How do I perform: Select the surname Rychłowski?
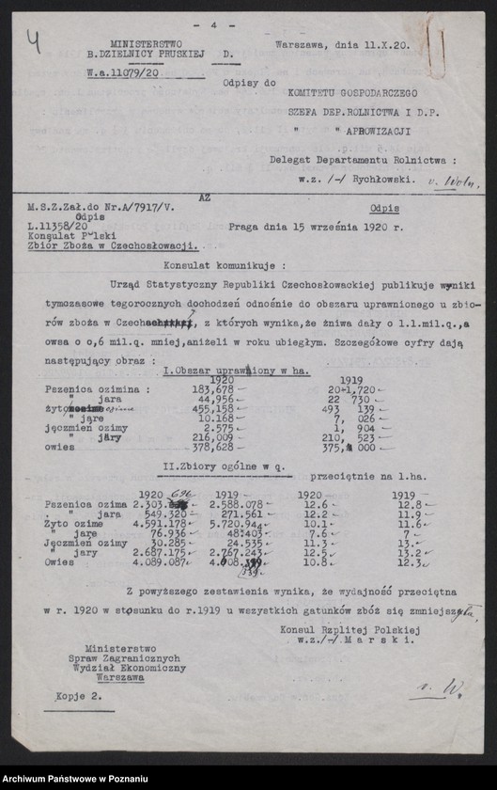pos(378,175)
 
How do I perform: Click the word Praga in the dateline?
pos(246,227)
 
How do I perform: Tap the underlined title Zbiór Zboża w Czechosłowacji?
pos(125,244)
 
